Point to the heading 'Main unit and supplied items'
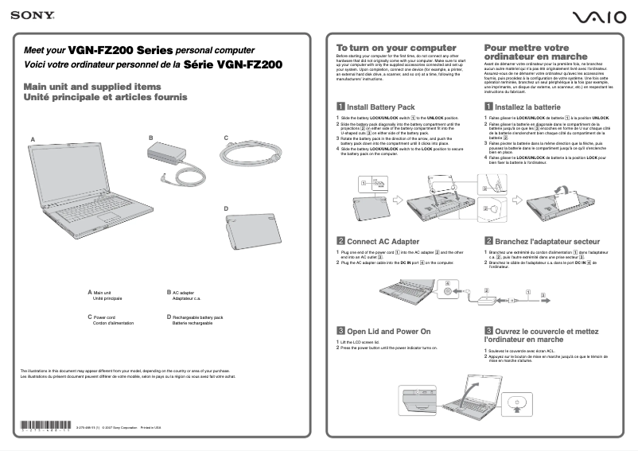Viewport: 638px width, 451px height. (x=92, y=87)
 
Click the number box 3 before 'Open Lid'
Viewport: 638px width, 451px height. (x=340, y=331)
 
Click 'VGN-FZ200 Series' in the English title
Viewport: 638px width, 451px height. (x=120, y=49)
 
